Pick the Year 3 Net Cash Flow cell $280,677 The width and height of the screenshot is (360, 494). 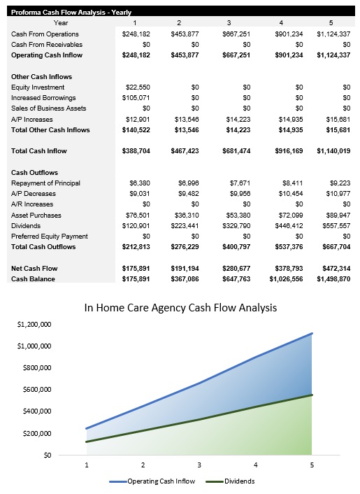coord(226,269)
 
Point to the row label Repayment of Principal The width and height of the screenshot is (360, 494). coord(45,183)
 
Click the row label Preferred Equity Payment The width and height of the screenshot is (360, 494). coord(50,237)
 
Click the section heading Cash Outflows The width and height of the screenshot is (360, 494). coord(34,172)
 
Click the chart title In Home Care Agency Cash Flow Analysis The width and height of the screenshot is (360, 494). coord(180,307)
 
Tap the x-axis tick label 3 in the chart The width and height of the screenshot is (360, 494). coord(199,465)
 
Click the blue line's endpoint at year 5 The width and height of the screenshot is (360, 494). coord(311,334)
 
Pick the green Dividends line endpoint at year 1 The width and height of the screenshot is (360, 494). coord(87,442)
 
